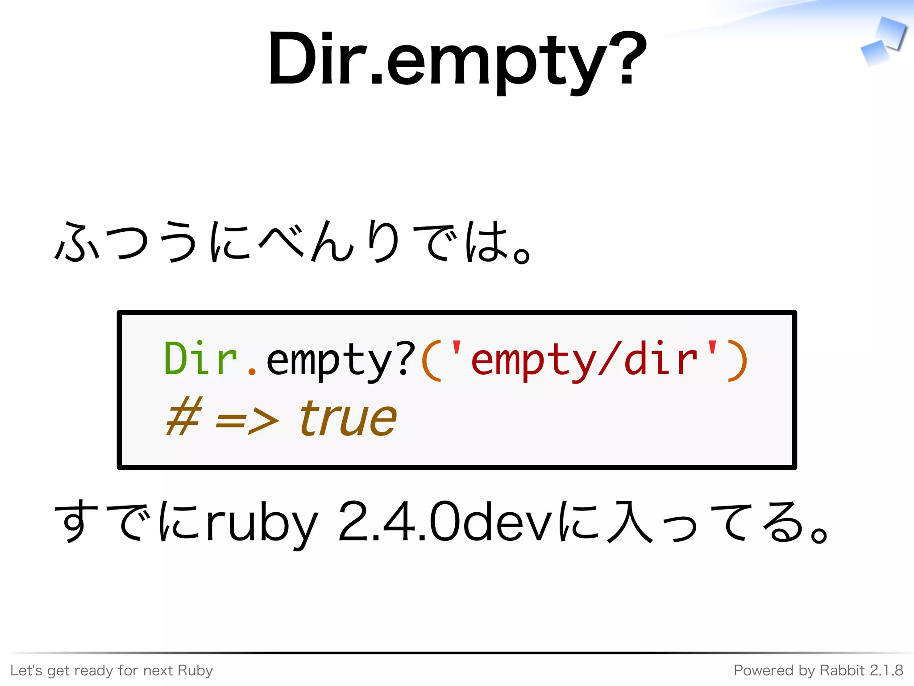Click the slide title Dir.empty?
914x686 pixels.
click(457, 60)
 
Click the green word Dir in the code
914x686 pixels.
click(200, 359)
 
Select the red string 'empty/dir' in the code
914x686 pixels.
click(584, 360)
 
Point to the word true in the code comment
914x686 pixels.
click(348, 418)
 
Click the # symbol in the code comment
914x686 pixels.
click(184, 417)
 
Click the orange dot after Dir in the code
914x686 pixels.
click(252, 371)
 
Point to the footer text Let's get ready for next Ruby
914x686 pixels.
click(112, 670)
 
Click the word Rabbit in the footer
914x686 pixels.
click(836, 670)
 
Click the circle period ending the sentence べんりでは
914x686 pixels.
click(521, 256)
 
